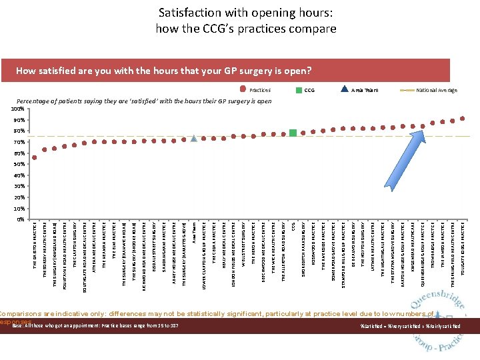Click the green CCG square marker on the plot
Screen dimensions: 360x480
(x=293, y=133)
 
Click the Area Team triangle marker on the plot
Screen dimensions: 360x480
(x=194, y=138)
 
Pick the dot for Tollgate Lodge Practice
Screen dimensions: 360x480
(x=463, y=119)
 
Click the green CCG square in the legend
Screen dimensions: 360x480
(x=300, y=90)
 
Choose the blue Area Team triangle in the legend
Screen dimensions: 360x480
(x=345, y=90)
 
